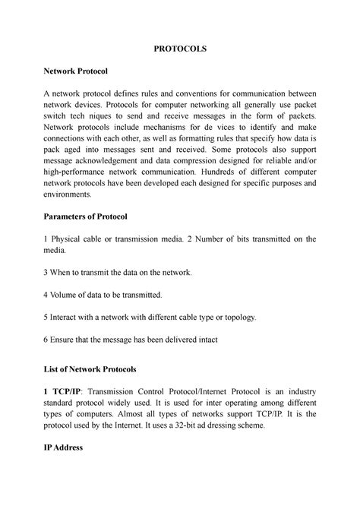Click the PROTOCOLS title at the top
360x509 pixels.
(180, 48)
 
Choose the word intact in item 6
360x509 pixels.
(201, 340)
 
